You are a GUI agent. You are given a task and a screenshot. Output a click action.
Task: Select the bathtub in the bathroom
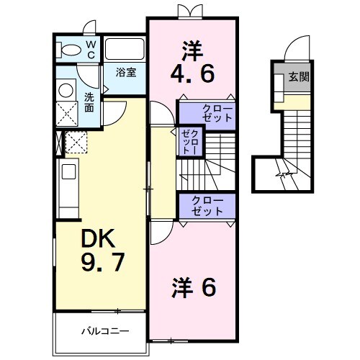[x=125, y=49]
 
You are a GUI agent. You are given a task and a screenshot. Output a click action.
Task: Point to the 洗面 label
[x=89, y=102]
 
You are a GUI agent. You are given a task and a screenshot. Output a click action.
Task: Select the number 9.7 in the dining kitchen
[x=101, y=261]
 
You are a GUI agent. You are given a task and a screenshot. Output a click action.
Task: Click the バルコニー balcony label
[x=104, y=332]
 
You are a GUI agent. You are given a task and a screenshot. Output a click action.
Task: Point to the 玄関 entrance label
[x=300, y=77]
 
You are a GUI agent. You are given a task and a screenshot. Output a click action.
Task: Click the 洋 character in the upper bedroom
[x=192, y=50]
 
